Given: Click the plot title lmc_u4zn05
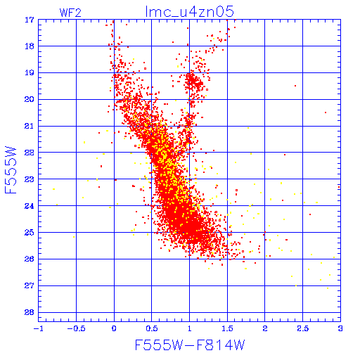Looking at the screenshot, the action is click(189, 12).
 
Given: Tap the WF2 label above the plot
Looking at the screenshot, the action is click(70, 13).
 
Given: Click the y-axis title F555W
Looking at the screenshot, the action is click(11, 170).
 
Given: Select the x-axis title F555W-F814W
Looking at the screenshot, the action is click(190, 345).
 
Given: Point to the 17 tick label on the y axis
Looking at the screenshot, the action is click(30, 20).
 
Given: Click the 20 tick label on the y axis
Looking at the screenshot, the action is click(30, 99).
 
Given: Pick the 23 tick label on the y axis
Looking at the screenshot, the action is click(30, 179).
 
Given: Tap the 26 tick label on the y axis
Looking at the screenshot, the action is click(30, 259).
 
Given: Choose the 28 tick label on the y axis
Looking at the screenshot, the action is click(30, 312).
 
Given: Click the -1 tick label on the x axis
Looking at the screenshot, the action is click(38, 328).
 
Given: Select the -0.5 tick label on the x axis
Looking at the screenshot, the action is click(76, 328).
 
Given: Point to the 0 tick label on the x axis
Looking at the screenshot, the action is click(114, 328).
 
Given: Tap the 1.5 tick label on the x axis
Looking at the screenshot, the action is click(227, 328).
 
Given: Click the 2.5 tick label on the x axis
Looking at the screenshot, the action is click(303, 328).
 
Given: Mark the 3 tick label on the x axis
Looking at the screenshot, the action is click(340, 328).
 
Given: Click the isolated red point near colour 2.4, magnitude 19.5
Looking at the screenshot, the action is click(295, 86).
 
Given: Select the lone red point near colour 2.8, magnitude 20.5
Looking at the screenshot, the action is click(326, 112).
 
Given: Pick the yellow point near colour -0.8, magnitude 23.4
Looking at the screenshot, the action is click(54, 189).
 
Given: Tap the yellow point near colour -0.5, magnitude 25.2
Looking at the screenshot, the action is click(74, 237).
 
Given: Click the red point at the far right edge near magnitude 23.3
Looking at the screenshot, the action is click(339, 187).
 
